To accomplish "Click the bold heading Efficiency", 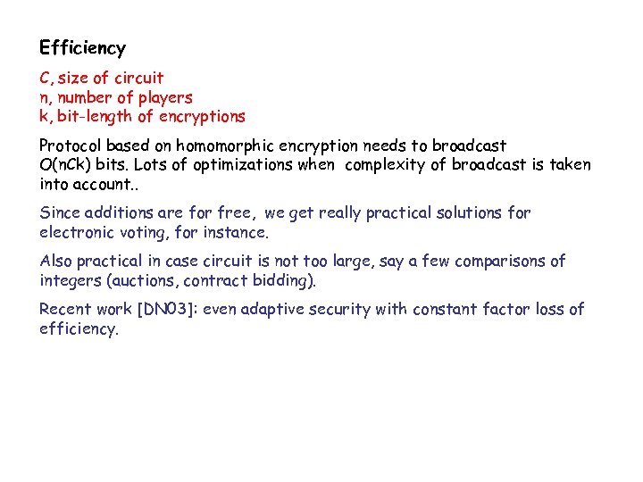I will click(83, 48).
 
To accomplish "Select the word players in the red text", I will click(164, 97).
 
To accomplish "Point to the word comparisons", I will click(501, 262).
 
